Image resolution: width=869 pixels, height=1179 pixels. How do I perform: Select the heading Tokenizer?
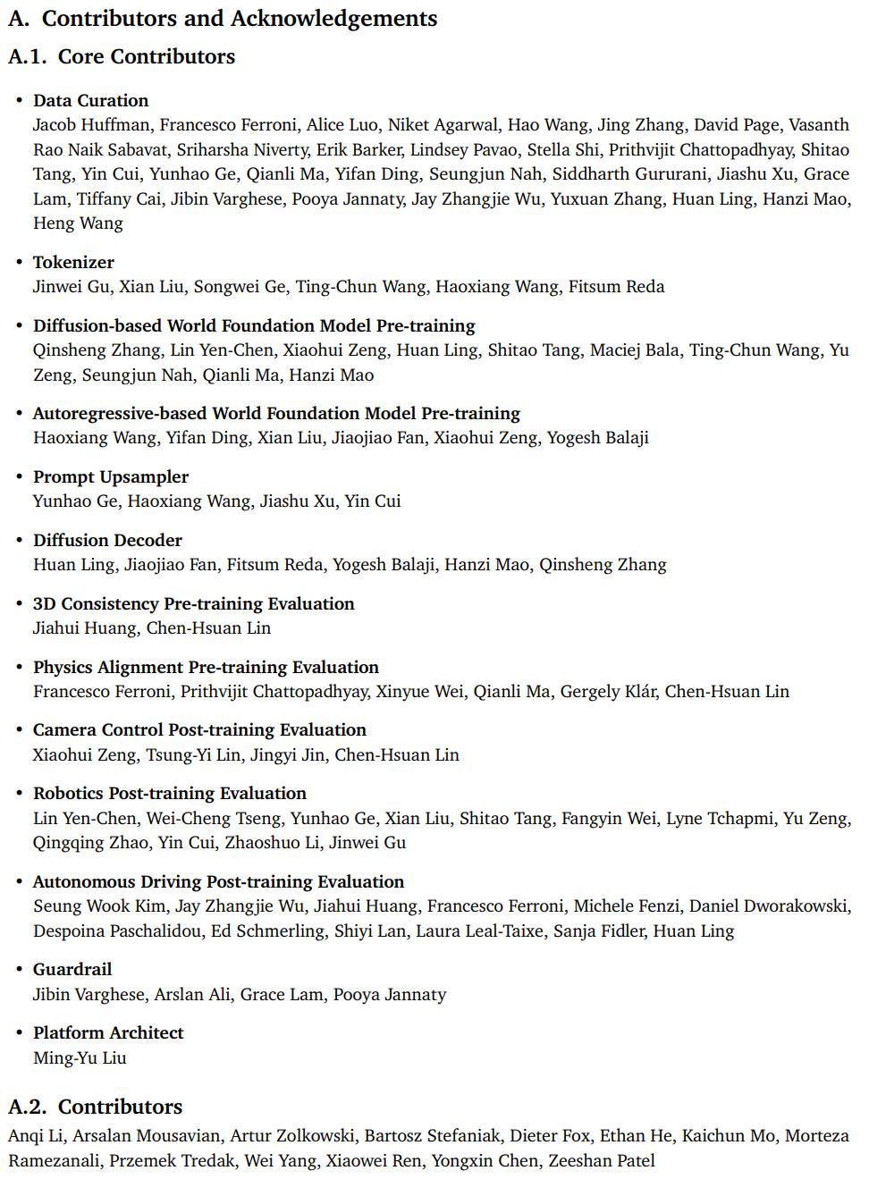coord(73,262)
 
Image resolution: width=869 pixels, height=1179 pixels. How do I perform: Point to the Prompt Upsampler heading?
coord(111,476)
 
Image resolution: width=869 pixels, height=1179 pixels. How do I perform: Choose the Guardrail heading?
coord(72,969)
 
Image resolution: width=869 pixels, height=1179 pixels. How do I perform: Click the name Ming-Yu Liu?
coord(80,1057)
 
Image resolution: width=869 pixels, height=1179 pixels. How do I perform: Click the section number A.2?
coord(27,1107)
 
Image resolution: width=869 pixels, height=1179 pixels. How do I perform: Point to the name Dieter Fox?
coord(550,1136)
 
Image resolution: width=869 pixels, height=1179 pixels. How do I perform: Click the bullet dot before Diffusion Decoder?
coord(19,540)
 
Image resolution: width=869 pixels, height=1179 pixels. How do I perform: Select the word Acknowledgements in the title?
coord(334,18)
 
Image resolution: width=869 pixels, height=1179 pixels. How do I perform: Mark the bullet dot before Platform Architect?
coord(19,1032)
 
